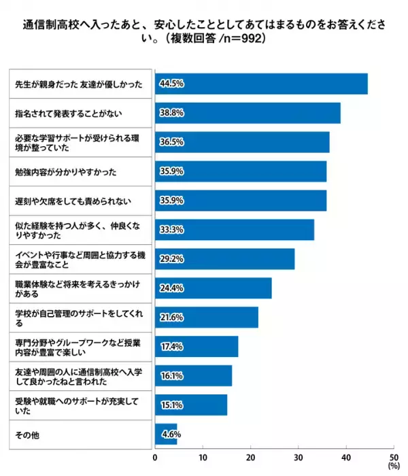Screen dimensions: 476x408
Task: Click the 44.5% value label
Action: click(171, 84)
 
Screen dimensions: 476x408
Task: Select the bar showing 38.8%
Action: click(248, 114)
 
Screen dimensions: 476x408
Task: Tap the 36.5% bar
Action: click(242, 143)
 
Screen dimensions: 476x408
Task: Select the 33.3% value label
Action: click(171, 231)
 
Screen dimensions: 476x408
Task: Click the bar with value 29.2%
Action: click(224, 259)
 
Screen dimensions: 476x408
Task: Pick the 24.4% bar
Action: click(213, 288)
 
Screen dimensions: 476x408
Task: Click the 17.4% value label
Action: click(171, 347)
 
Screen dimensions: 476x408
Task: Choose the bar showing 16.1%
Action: click(193, 376)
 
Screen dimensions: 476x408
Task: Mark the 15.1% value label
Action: click(171, 405)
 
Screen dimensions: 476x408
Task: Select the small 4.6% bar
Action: click(166, 434)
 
